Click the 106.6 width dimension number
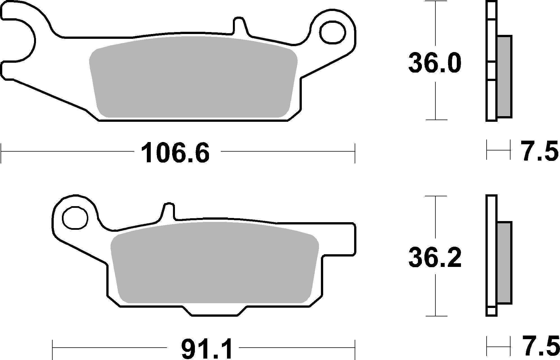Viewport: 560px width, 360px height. tap(175, 153)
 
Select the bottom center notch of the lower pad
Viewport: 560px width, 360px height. tap(215, 311)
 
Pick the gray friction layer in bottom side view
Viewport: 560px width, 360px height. tap(504, 263)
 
